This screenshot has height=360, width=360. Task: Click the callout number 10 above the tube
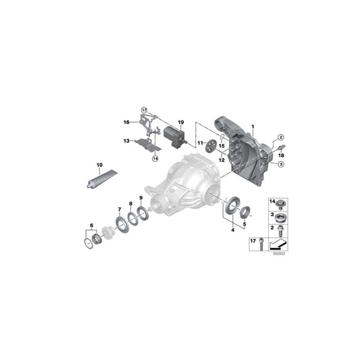(x=99, y=165)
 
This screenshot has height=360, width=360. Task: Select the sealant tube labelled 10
(x=102, y=179)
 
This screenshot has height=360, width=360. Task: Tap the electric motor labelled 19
(x=175, y=137)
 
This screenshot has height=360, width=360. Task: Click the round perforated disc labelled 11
(x=211, y=146)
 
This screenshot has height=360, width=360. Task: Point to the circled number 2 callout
(x=280, y=137)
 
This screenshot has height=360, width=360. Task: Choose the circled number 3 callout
(x=281, y=164)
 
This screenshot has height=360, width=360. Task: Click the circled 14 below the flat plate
(x=155, y=158)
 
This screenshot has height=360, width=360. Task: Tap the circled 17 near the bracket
(x=144, y=110)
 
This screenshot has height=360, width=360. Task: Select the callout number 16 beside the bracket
(x=126, y=122)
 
